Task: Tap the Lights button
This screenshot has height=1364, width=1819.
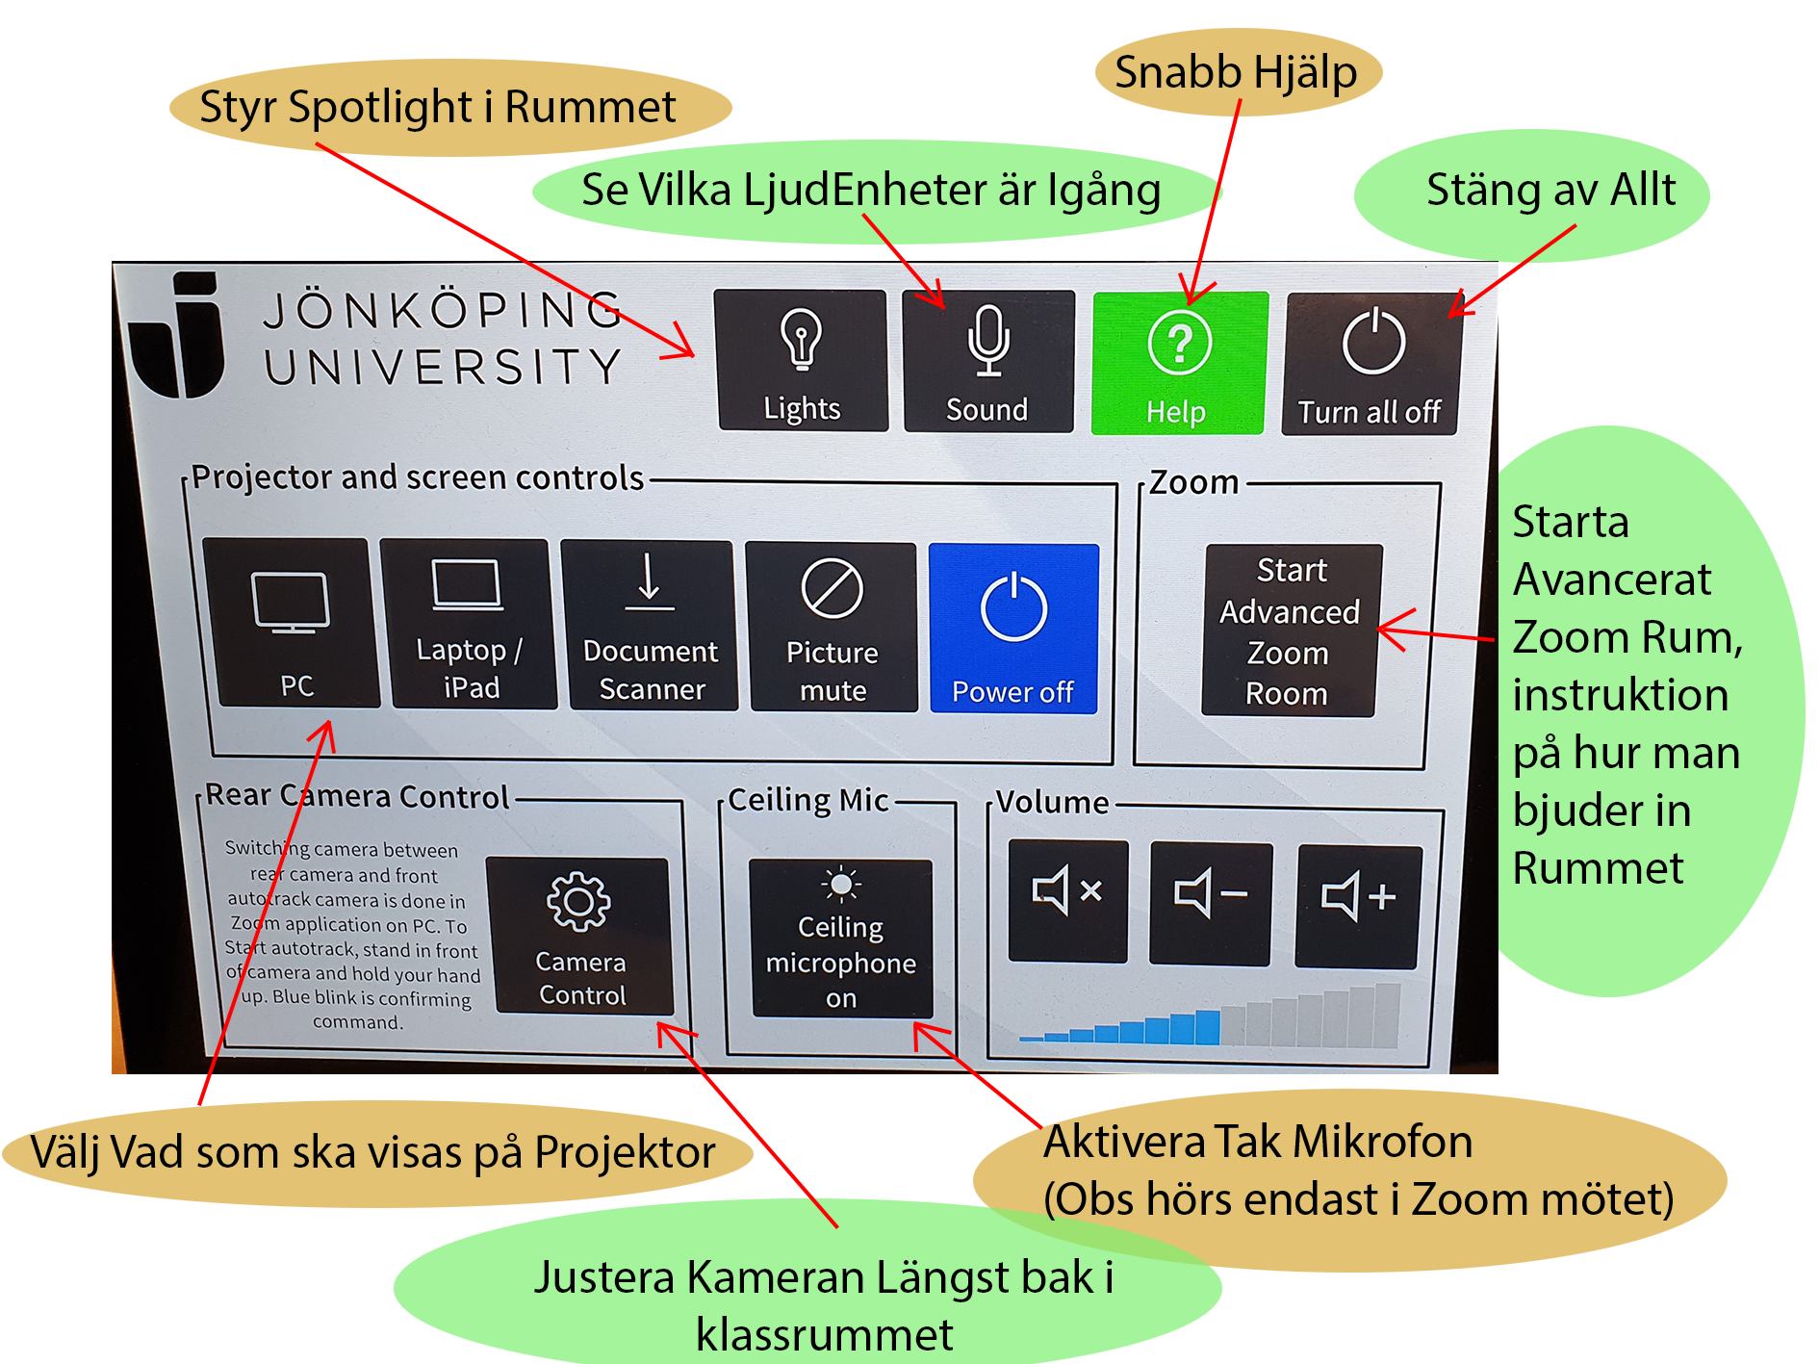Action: click(801, 361)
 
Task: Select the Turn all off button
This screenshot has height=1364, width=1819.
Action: click(1371, 364)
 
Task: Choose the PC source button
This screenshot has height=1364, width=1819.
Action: click(293, 623)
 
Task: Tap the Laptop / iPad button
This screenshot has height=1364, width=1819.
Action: click(469, 624)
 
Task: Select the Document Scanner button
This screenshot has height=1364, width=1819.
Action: click(650, 626)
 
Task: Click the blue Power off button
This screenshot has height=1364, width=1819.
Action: click(1013, 629)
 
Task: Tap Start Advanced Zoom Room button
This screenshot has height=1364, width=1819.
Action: click(1290, 631)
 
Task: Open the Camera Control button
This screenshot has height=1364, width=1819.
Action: click(581, 936)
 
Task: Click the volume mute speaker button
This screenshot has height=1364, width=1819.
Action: click(1067, 900)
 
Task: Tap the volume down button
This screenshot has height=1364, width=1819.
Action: click(1210, 903)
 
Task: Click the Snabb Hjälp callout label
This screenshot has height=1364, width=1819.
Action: click(1237, 73)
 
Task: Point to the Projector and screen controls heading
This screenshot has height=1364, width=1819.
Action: click(417, 477)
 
